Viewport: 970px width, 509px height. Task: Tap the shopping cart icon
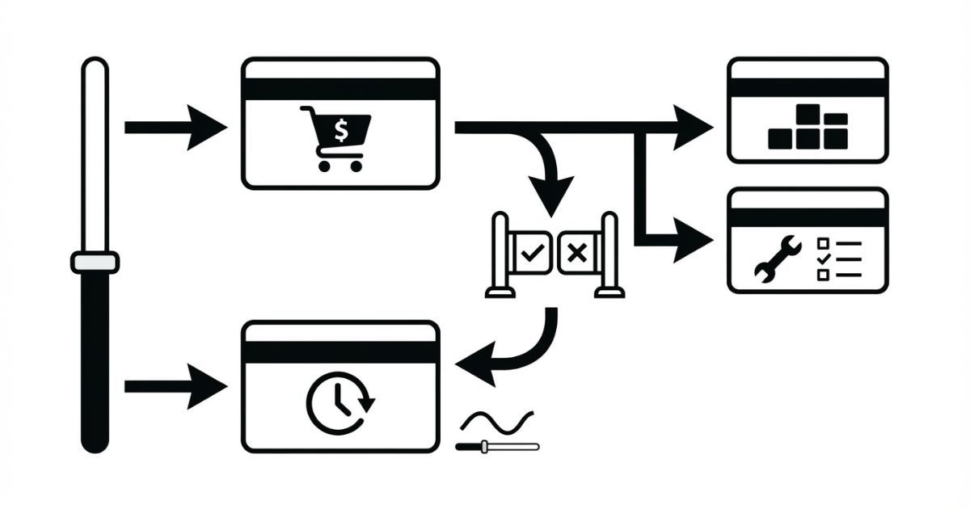coord(335,138)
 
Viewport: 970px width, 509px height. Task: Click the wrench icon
coord(777,259)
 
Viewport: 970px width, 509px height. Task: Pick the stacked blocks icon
coord(808,128)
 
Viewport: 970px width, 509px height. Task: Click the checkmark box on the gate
coord(531,254)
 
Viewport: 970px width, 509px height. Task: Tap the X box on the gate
coord(576,254)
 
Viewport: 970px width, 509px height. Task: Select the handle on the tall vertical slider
coord(95,263)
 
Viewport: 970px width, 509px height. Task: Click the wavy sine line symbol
coord(496,421)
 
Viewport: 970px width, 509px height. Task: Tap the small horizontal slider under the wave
coord(497,446)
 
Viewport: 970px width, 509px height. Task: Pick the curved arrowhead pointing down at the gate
coord(552,195)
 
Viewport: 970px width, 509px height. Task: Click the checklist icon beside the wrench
coord(840,259)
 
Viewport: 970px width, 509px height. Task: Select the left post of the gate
coord(501,254)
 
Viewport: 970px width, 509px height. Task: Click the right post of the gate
coord(609,254)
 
